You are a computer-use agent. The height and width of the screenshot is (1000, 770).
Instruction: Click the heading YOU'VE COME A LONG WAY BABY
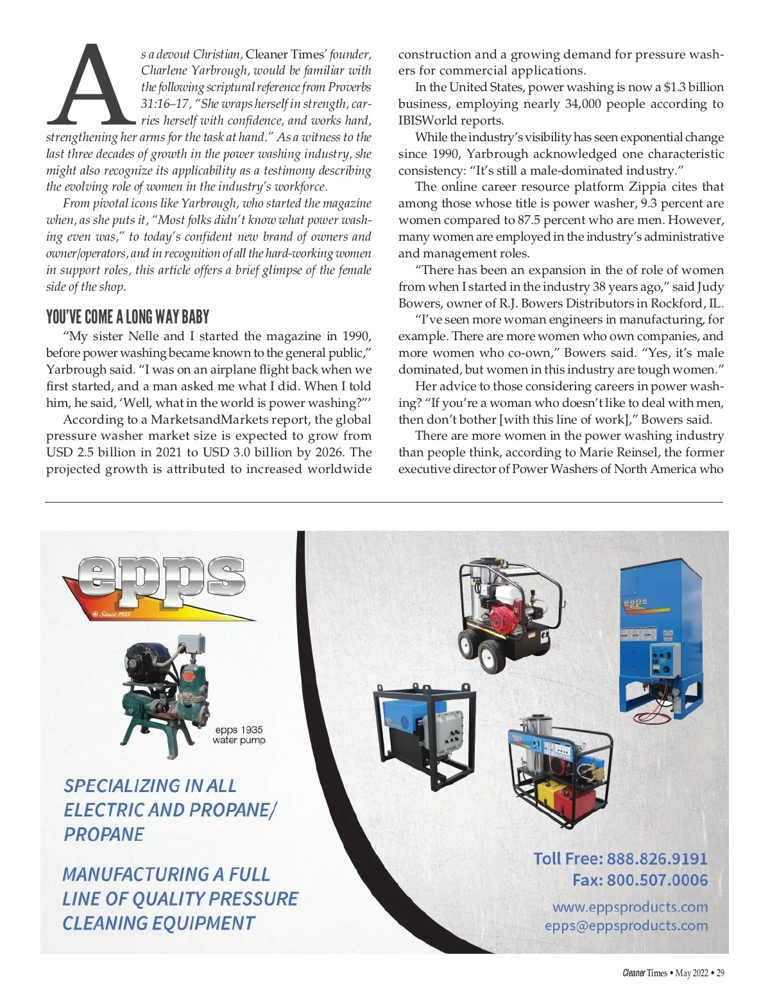(128, 317)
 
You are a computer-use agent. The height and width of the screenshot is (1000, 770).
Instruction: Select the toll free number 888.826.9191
(656, 859)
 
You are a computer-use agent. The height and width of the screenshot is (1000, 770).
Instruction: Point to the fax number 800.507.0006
(657, 880)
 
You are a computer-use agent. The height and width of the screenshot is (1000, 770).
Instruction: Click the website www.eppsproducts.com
(629, 907)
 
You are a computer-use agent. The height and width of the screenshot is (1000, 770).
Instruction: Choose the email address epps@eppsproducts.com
(626, 926)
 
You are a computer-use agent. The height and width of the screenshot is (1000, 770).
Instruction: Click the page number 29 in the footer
(720, 973)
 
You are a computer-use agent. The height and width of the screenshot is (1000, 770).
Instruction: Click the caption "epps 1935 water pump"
(239, 735)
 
